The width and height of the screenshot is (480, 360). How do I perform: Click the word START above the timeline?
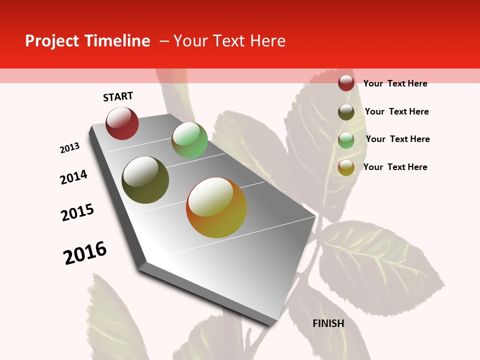pyautogui.click(x=118, y=96)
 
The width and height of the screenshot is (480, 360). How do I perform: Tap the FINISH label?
pyautogui.click(x=328, y=323)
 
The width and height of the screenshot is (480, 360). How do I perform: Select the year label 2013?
pyautogui.click(x=70, y=148)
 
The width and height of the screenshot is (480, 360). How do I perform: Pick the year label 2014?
pyautogui.click(x=74, y=177)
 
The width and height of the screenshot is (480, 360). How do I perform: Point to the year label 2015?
pyautogui.click(x=77, y=212)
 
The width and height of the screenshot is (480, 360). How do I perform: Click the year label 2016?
pyautogui.click(x=85, y=253)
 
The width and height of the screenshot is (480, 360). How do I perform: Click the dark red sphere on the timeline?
pyautogui.click(x=122, y=123)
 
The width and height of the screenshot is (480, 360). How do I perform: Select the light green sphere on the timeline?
pyautogui.click(x=189, y=140)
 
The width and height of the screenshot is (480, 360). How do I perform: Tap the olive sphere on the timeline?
pyautogui.click(x=145, y=180)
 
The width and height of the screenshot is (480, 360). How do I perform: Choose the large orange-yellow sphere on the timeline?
pyautogui.click(x=216, y=207)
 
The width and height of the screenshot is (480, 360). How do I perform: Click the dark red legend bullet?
pyautogui.click(x=346, y=83)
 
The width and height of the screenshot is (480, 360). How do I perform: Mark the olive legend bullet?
pyautogui.click(x=346, y=112)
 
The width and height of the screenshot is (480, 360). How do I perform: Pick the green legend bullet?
pyautogui.click(x=346, y=140)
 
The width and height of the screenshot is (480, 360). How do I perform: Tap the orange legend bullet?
pyautogui.click(x=346, y=167)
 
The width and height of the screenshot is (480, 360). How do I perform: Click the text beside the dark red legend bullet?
pyautogui.click(x=395, y=83)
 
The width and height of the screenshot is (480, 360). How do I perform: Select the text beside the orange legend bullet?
pyautogui.click(x=395, y=167)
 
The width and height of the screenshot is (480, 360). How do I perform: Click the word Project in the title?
pyautogui.click(x=51, y=41)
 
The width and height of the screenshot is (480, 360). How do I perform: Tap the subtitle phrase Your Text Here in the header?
pyautogui.click(x=229, y=41)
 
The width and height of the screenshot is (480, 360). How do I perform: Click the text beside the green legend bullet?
pyautogui.click(x=397, y=139)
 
